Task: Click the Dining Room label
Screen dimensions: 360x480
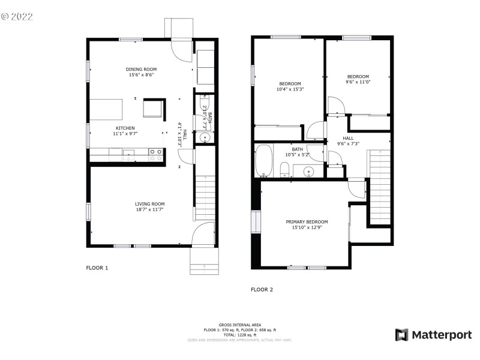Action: point(141,69)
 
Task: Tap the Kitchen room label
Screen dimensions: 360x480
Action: point(125,128)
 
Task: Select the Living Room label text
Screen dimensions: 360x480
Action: point(149,204)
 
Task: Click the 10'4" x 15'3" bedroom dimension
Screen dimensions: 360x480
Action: point(290,89)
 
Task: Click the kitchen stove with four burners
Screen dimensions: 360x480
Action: point(155,155)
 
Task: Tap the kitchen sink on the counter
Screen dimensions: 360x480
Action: point(129,155)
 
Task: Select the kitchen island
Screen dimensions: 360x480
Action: point(106,110)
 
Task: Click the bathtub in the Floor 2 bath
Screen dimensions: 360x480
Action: point(263,161)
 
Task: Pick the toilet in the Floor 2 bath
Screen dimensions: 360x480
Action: point(285,170)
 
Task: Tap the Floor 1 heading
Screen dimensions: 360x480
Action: point(97,268)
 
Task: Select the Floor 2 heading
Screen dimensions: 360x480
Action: point(262,289)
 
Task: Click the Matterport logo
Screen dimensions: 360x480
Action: point(433,335)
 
